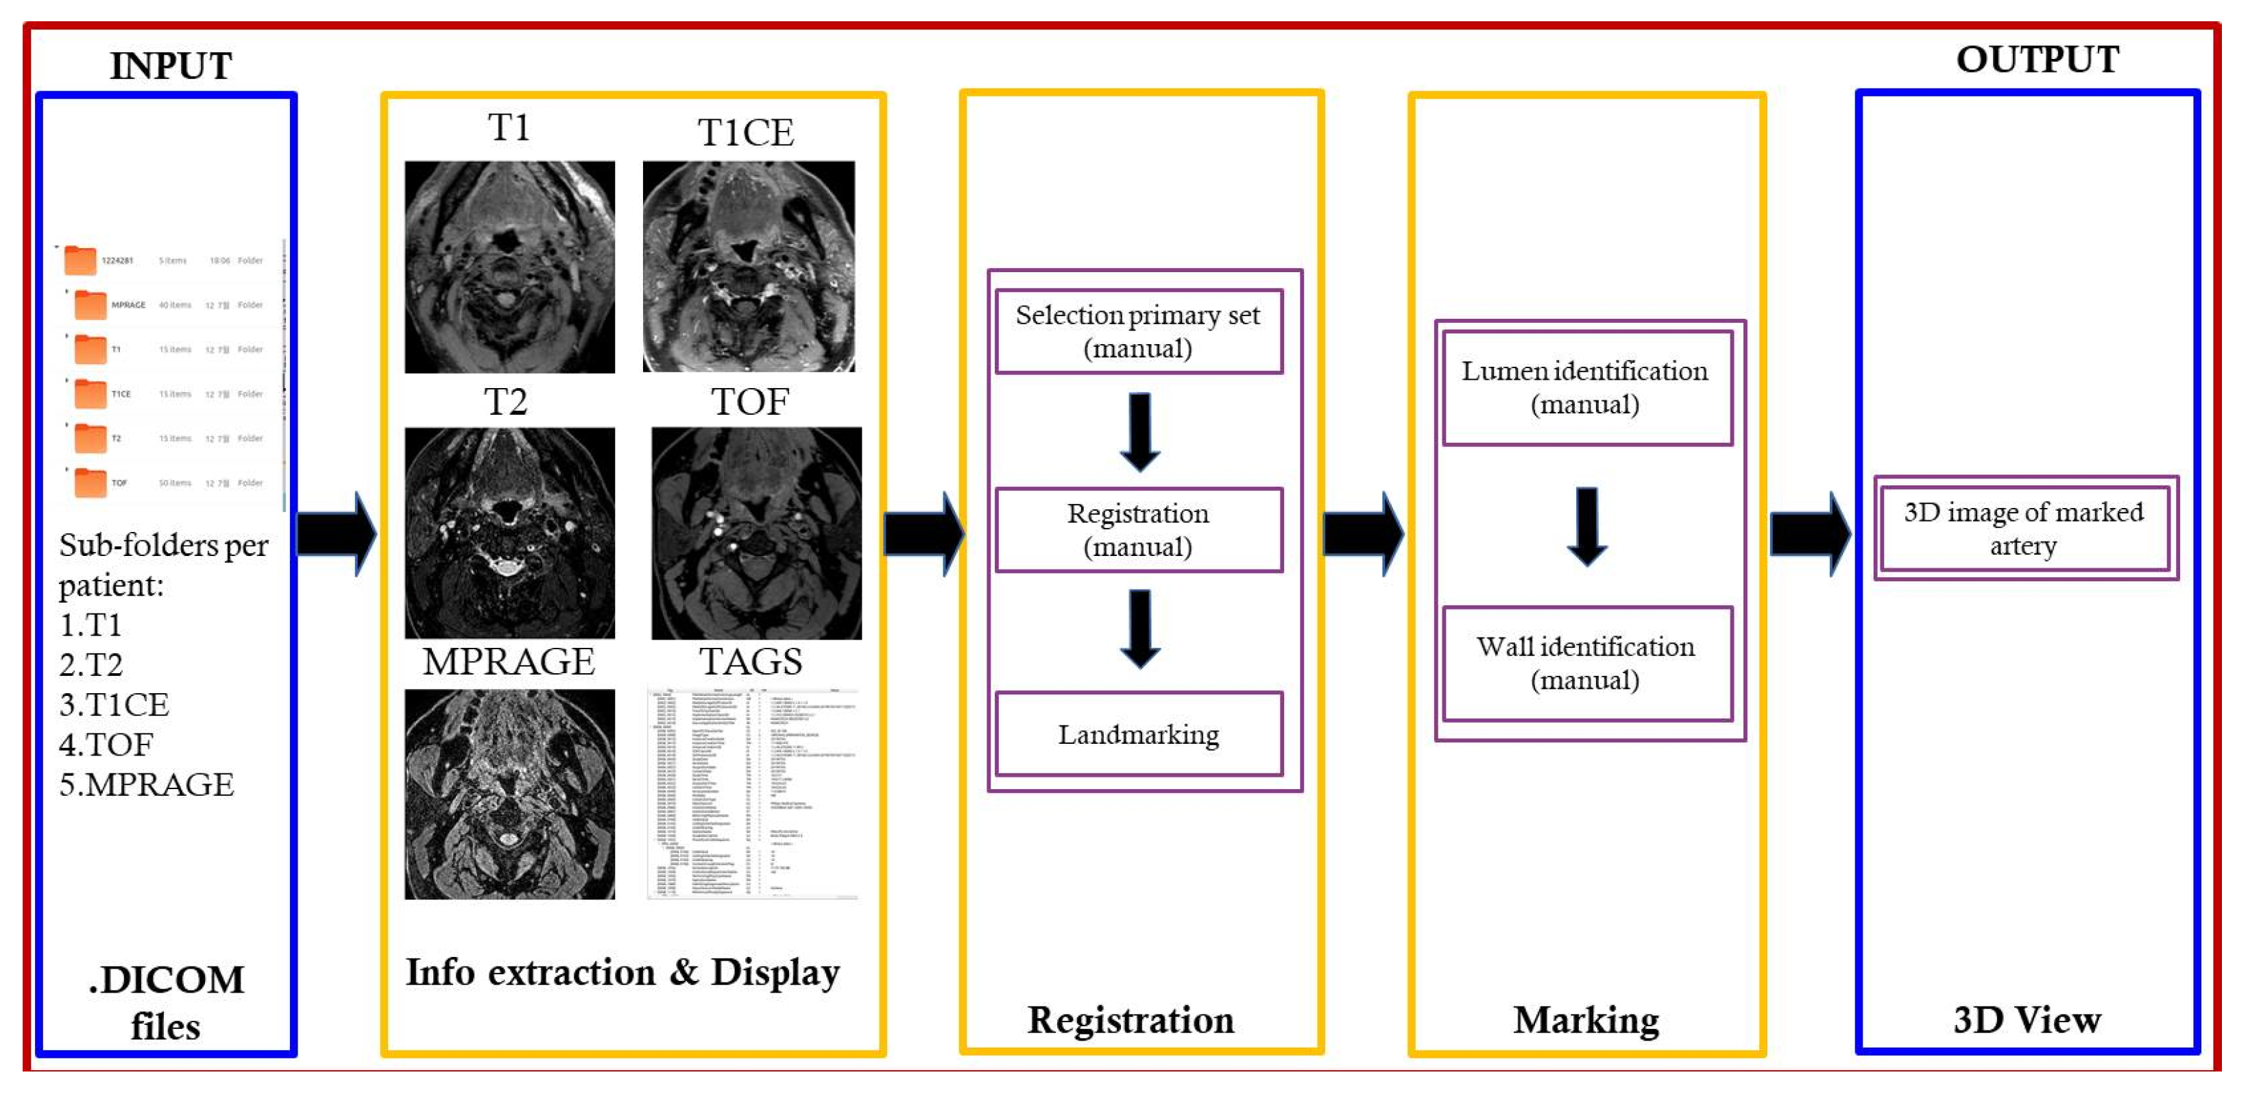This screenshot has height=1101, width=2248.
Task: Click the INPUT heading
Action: (x=170, y=65)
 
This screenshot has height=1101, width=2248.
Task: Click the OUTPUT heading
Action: (x=2037, y=60)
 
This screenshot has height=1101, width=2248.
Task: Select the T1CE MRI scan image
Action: (x=748, y=266)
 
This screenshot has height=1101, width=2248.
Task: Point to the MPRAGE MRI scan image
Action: (x=509, y=794)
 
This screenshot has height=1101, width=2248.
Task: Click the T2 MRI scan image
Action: (x=509, y=532)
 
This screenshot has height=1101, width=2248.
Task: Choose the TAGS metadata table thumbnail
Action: (x=752, y=794)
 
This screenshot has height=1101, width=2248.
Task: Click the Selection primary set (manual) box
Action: (x=1138, y=332)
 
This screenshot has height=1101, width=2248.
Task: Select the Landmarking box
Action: (x=1138, y=735)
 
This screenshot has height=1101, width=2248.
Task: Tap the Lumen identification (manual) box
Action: (x=1586, y=387)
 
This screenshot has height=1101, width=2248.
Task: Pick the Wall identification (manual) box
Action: (x=1586, y=663)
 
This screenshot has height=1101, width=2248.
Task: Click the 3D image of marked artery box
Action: (x=2024, y=528)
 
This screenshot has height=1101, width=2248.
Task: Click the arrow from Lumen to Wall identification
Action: (x=1586, y=526)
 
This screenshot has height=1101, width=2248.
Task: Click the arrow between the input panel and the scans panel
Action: (x=336, y=533)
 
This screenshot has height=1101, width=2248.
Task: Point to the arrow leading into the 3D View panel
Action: (x=1809, y=533)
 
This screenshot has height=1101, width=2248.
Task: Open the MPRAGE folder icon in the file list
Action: (x=90, y=304)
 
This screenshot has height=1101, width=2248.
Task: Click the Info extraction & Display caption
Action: (x=623, y=972)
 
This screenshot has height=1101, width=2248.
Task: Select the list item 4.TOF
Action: (x=106, y=745)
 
